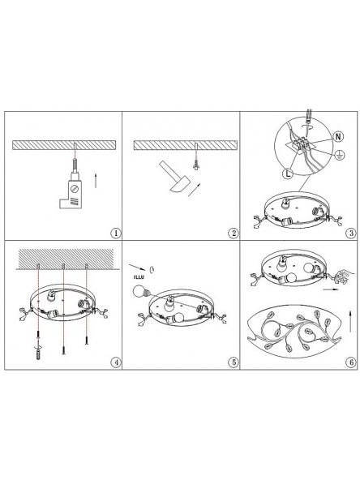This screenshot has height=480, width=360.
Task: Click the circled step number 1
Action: coord(116,234)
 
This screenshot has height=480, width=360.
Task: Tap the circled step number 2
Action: coord(234,234)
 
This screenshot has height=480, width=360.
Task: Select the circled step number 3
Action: coord(351,234)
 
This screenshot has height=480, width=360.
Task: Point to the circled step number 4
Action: coord(116,362)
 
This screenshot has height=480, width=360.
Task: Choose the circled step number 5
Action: coord(234,362)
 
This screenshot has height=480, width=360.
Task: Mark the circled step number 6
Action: coord(351,362)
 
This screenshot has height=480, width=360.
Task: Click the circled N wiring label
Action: coord(338,136)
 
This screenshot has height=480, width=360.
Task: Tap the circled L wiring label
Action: coord(288,174)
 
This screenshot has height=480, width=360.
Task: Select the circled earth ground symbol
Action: coord(339,155)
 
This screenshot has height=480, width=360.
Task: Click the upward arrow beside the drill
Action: coord(96,180)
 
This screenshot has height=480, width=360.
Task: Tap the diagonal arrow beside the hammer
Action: coord(195,190)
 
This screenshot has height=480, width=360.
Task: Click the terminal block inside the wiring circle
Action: coord(302,144)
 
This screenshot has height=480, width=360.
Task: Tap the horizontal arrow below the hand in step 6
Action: coord(332,289)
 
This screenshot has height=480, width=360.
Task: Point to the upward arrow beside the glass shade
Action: coord(351,321)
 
